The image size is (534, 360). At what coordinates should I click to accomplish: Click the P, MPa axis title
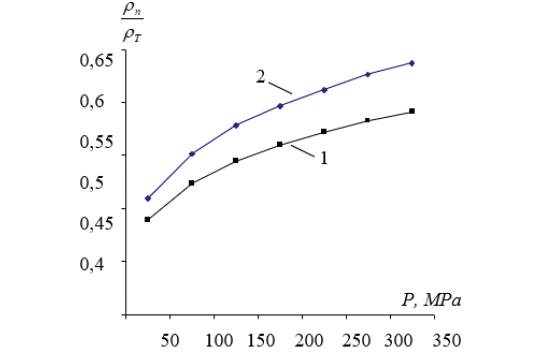[432, 299]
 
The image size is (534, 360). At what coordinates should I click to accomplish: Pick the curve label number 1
[324, 157]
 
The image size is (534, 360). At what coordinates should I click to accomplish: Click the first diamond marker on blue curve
[148, 198]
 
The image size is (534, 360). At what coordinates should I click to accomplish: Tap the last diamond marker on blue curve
[412, 63]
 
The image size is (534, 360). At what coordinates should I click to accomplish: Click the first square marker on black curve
[148, 219]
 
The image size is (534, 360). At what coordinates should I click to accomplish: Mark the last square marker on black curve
[412, 111]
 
